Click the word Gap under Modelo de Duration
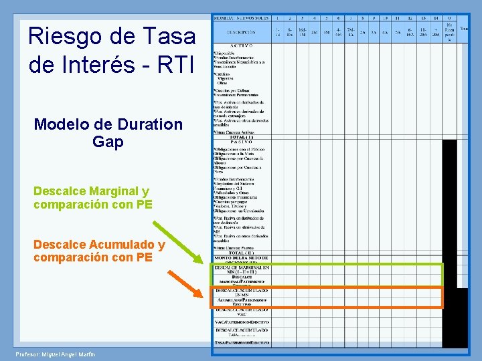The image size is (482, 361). click(x=108, y=142)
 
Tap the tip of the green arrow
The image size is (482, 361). click(x=209, y=266)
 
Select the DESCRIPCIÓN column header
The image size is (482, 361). click(x=240, y=32)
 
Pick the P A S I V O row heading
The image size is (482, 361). click(x=240, y=142)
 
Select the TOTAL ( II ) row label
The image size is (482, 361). click(x=240, y=252)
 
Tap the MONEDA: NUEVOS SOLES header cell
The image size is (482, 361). click(x=240, y=18)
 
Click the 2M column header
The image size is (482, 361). click(x=315, y=32)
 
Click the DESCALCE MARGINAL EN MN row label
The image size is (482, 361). click(x=241, y=269)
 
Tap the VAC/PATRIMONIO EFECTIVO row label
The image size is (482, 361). click(x=241, y=322)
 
